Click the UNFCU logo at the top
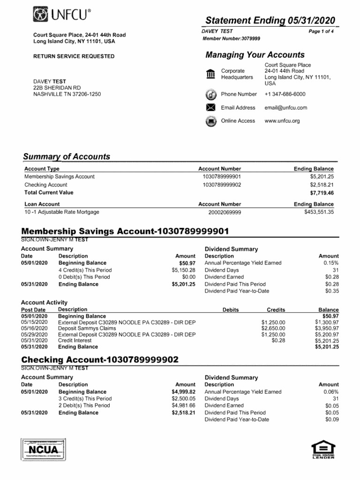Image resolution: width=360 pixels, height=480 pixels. (x=62, y=16)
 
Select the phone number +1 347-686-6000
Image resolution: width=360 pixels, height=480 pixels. (x=284, y=94)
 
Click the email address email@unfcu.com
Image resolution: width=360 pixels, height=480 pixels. (x=285, y=108)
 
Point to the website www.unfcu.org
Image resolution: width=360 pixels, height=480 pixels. (x=282, y=121)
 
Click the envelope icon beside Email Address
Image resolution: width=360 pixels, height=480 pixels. (x=210, y=108)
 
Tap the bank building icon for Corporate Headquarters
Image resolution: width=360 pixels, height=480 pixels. (x=210, y=74)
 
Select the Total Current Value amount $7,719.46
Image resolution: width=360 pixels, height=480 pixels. (x=322, y=193)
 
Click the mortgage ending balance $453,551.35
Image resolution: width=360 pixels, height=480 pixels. (x=319, y=212)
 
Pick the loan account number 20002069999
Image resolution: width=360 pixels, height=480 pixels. (x=225, y=213)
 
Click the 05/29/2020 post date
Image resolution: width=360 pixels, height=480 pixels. (x=34, y=335)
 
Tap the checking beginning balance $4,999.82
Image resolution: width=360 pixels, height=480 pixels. (x=183, y=392)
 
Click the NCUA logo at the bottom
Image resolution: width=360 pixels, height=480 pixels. (x=45, y=450)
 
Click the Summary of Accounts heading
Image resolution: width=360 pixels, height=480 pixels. (x=67, y=157)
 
